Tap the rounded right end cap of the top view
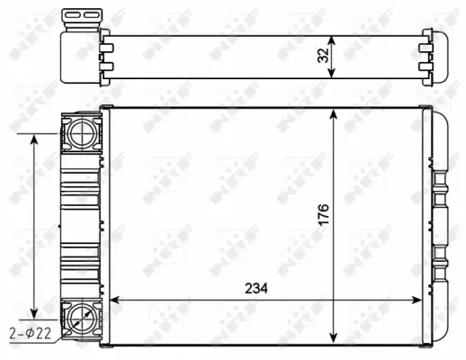point(442,57)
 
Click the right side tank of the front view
point(437,225)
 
